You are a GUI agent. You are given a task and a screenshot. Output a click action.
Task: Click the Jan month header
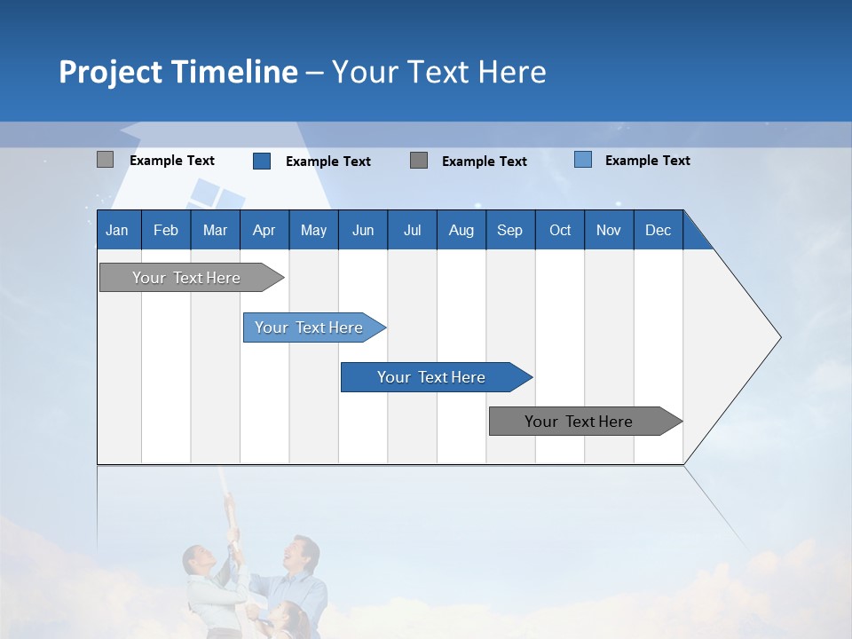click(117, 230)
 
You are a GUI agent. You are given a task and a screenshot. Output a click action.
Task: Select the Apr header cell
click(264, 230)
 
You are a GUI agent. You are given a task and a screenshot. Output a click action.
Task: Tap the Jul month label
click(412, 230)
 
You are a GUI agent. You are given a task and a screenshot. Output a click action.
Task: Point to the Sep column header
click(509, 230)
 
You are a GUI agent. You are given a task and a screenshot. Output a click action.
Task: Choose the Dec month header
click(658, 230)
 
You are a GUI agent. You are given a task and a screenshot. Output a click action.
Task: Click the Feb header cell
click(166, 230)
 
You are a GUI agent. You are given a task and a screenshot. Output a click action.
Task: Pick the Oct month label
click(560, 230)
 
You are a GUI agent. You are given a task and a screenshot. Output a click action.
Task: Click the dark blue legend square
click(262, 161)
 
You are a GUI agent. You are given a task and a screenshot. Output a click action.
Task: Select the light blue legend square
click(583, 160)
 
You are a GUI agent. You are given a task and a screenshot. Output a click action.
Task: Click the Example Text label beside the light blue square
click(647, 160)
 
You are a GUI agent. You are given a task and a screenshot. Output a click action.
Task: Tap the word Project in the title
click(110, 72)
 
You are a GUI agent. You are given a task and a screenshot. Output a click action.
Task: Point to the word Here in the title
click(512, 72)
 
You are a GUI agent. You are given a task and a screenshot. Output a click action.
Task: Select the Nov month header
click(609, 230)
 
